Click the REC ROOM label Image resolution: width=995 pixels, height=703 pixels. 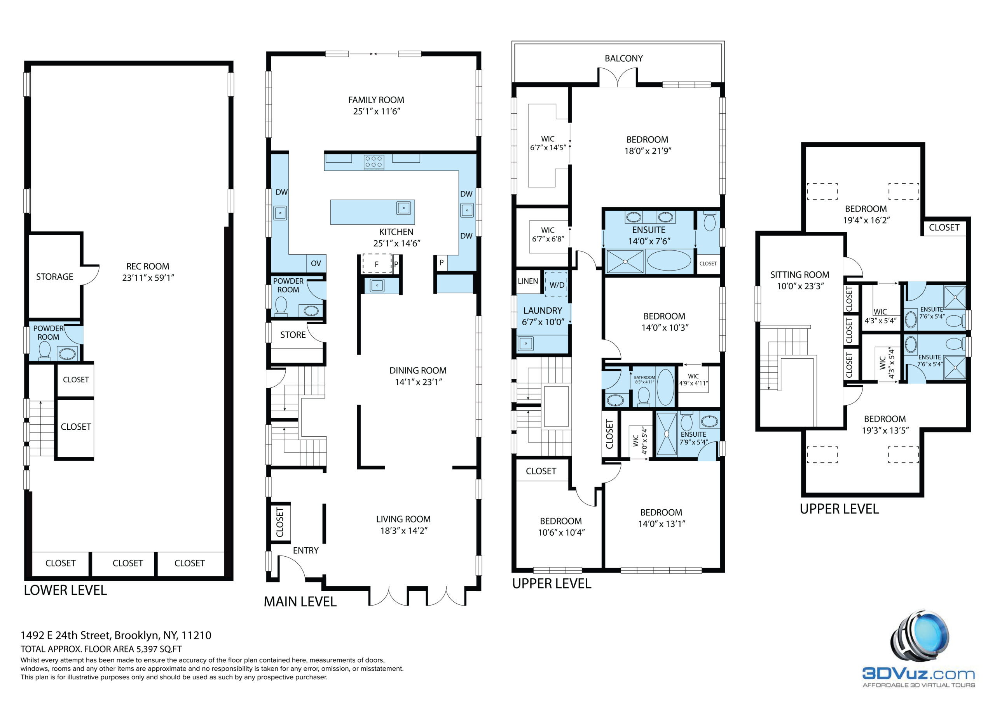[148, 266]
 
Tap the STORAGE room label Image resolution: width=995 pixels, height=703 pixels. [54, 277]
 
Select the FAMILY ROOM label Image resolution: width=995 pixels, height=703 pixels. [376, 100]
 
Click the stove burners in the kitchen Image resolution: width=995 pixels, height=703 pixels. [374, 162]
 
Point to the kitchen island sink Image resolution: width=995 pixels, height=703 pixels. [403, 208]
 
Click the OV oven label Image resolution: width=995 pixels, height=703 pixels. [316, 263]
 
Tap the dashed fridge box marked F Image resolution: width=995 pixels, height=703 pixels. [377, 264]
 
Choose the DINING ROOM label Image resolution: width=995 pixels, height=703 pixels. [418, 371]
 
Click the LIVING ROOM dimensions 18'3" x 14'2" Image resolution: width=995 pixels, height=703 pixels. [404, 531]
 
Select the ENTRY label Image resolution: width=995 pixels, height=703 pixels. [305, 550]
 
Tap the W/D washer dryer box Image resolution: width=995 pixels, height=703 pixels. [557, 285]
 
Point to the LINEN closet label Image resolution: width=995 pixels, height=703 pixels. [528, 281]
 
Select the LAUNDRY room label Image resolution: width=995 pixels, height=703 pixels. [543, 311]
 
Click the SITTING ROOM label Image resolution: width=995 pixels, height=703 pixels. [799, 275]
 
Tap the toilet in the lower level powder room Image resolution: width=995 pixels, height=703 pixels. [45, 351]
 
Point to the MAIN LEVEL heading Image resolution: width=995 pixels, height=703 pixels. [300, 602]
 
